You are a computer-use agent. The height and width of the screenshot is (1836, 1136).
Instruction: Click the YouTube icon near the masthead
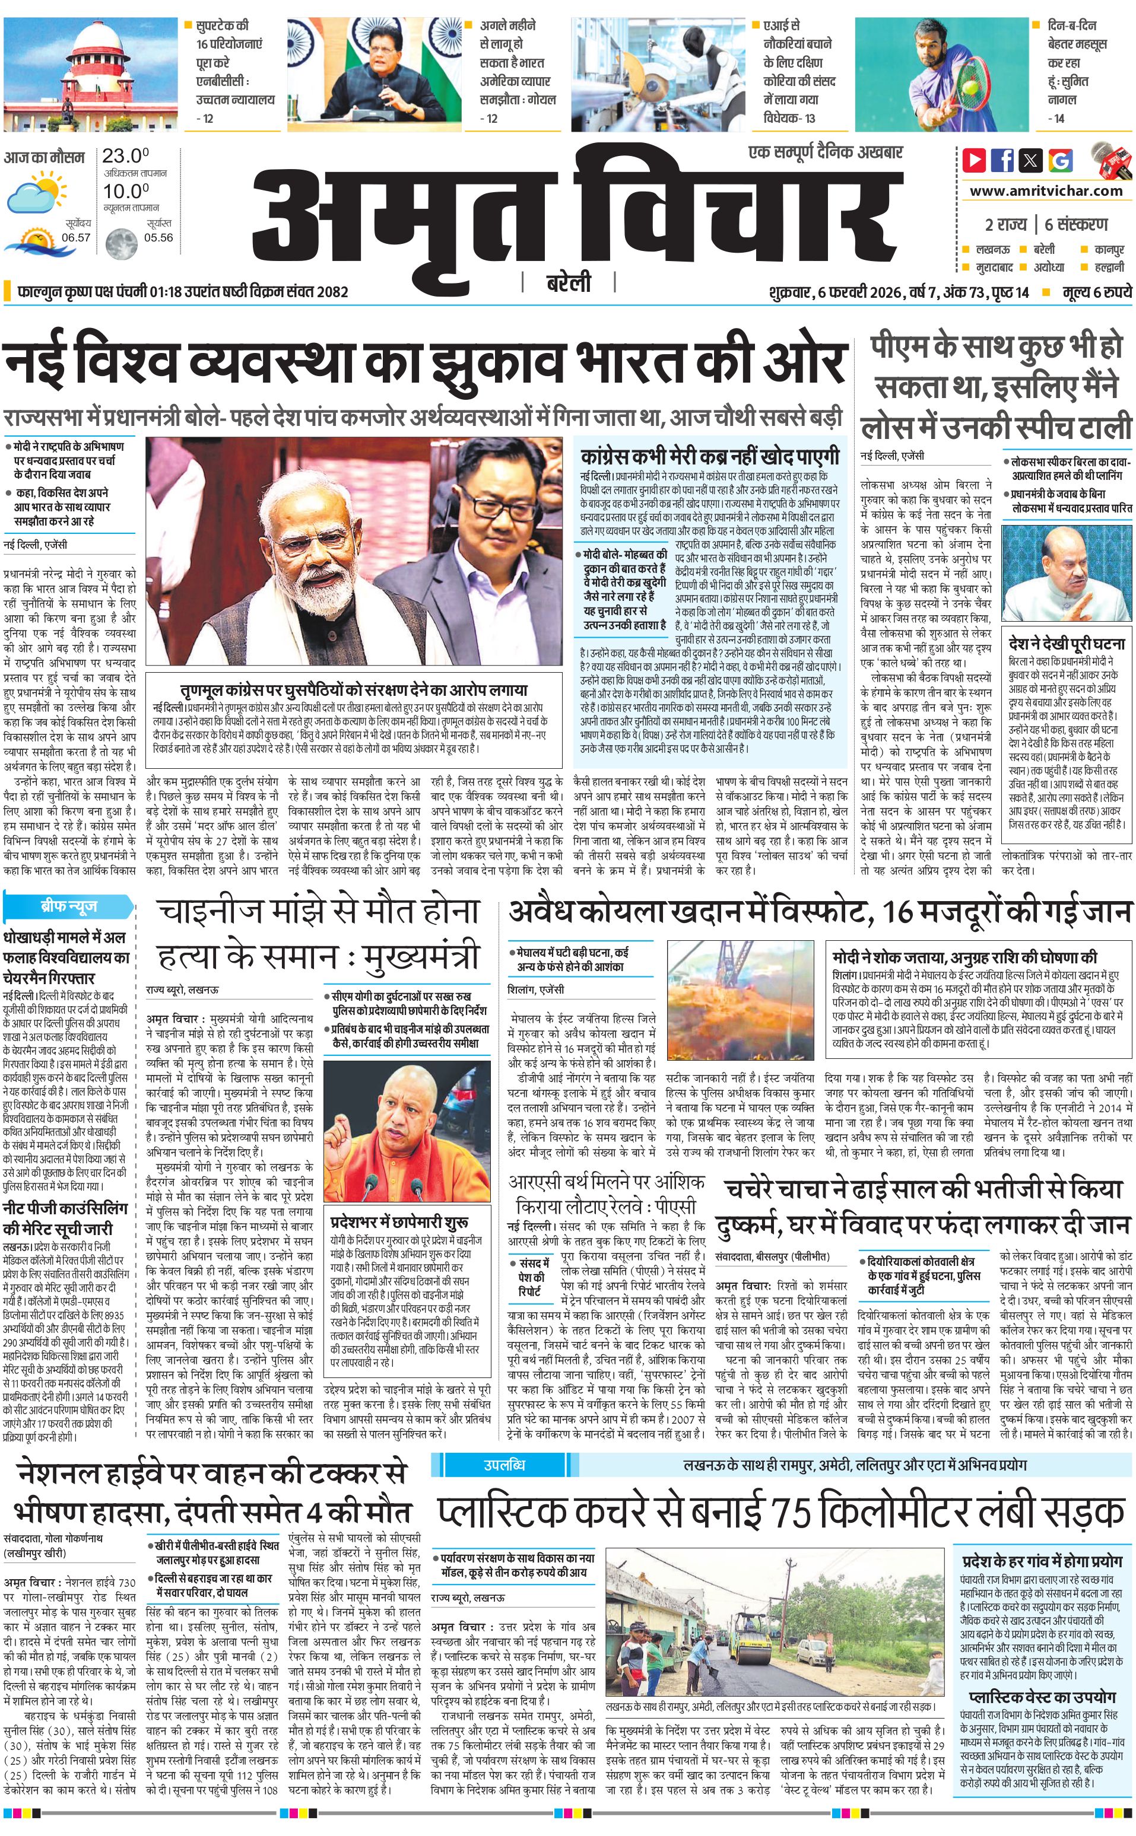[x=975, y=160]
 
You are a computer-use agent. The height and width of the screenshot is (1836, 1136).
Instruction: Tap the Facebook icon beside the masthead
[x=1002, y=160]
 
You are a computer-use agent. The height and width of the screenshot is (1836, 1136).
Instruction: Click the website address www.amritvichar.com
[x=1046, y=191]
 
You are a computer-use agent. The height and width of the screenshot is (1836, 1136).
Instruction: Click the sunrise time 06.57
[x=76, y=237]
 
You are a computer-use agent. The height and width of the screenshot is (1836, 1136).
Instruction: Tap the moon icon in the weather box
[x=120, y=243]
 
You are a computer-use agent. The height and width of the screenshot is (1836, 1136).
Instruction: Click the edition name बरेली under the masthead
[x=568, y=283]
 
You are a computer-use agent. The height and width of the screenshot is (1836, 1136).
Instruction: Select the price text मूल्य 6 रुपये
[x=1096, y=292]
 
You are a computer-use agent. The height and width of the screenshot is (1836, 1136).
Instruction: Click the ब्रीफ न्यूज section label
[x=69, y=906]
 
